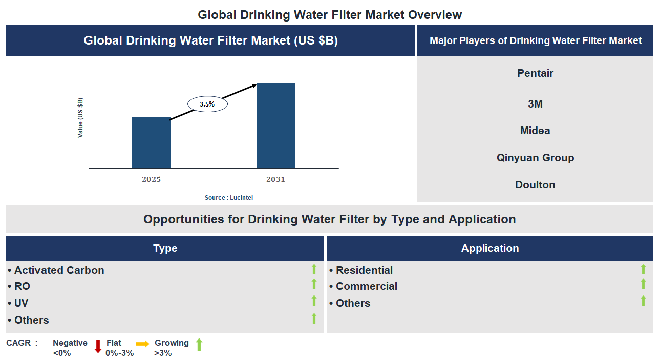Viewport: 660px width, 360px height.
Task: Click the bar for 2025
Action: click(151, 143)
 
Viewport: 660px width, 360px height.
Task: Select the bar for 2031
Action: click(276, 125)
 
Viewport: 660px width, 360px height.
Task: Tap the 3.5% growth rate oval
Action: click(207, 104)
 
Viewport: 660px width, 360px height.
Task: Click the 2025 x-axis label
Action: click(151, 179)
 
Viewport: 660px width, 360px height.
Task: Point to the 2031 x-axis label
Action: click(275, 179)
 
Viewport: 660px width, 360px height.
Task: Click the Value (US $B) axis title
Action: click(80, 118)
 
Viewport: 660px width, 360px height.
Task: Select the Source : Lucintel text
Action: click(229, 197)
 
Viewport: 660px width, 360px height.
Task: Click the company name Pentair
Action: click(535, 73)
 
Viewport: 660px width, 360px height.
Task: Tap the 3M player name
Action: click(535, 104)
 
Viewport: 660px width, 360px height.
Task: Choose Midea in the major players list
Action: click(535, 131)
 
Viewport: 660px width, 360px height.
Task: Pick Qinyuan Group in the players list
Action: click(535, 158)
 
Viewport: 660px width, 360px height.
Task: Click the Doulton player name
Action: click(535, 185)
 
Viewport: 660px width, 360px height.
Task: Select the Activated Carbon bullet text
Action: click(59, 270)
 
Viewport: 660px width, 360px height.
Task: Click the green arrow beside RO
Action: click(314, 284)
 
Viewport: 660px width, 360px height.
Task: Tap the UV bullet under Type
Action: click(21, 303)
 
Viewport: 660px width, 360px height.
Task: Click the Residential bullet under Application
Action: click(364, 270)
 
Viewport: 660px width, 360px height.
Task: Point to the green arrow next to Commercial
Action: click(644, 284)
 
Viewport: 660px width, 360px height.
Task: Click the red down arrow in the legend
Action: click(98, 347)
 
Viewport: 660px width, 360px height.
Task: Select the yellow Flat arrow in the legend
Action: click(142, 344)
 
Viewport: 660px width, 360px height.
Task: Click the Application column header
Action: click(490, 248)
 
